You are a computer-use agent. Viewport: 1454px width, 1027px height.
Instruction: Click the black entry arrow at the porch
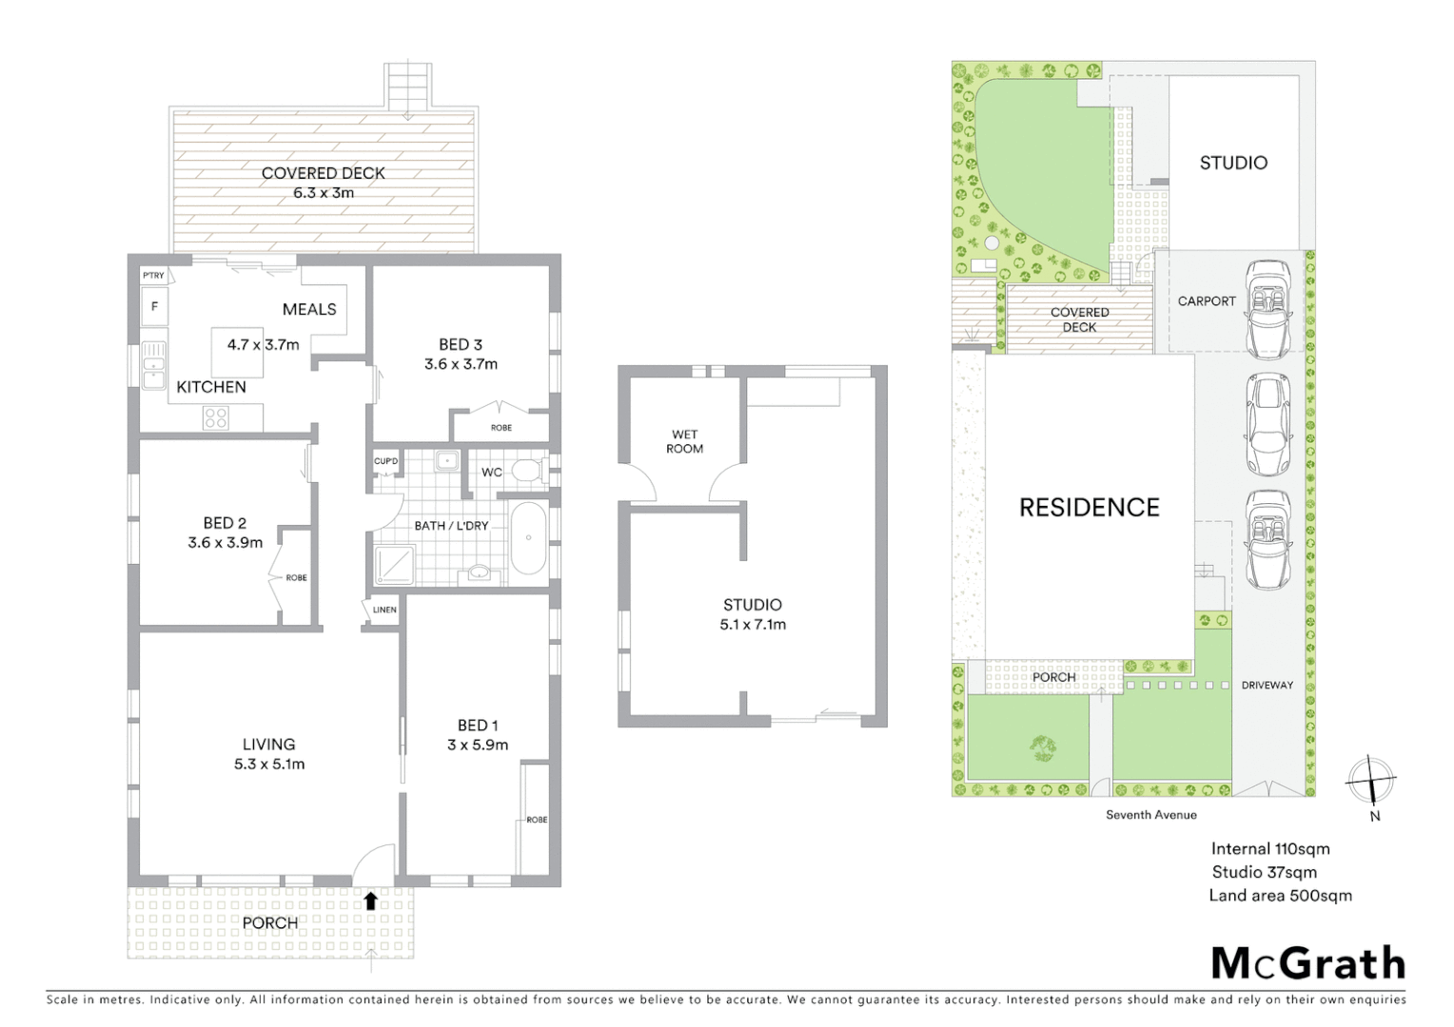coord(370,901)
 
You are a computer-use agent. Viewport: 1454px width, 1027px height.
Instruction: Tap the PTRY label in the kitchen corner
coord(153,276)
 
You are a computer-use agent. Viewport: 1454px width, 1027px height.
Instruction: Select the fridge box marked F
coord(154,307)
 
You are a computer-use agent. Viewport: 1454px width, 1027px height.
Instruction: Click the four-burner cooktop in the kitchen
coord(216,417)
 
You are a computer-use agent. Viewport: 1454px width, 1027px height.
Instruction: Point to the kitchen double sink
coord(153,366)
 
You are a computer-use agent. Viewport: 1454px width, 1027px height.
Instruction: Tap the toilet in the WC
coord(526,471)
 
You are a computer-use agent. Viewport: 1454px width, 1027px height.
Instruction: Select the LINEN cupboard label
coord(384,610)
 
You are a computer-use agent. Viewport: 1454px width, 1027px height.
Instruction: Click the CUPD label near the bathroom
coord(385,461)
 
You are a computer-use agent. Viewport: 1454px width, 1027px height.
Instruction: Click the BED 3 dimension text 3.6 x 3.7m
coord(461,363)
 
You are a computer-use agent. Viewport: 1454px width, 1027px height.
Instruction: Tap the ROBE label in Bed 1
coord(537,820)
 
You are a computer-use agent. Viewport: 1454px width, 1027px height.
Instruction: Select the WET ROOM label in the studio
coord(684,441)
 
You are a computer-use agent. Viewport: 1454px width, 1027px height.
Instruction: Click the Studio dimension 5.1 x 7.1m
coord(753,625)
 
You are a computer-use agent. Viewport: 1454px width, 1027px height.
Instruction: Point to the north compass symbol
coord(1370,781)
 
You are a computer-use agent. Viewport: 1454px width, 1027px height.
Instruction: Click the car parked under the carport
coord(1267,308)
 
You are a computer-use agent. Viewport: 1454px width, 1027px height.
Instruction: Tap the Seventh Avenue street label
coord(1150,815)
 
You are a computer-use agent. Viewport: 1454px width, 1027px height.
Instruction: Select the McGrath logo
coord(1307,963)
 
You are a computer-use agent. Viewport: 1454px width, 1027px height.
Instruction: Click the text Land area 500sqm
coord(1280,895)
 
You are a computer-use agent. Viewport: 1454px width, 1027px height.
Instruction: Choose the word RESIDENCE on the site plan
coord(1089,508)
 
